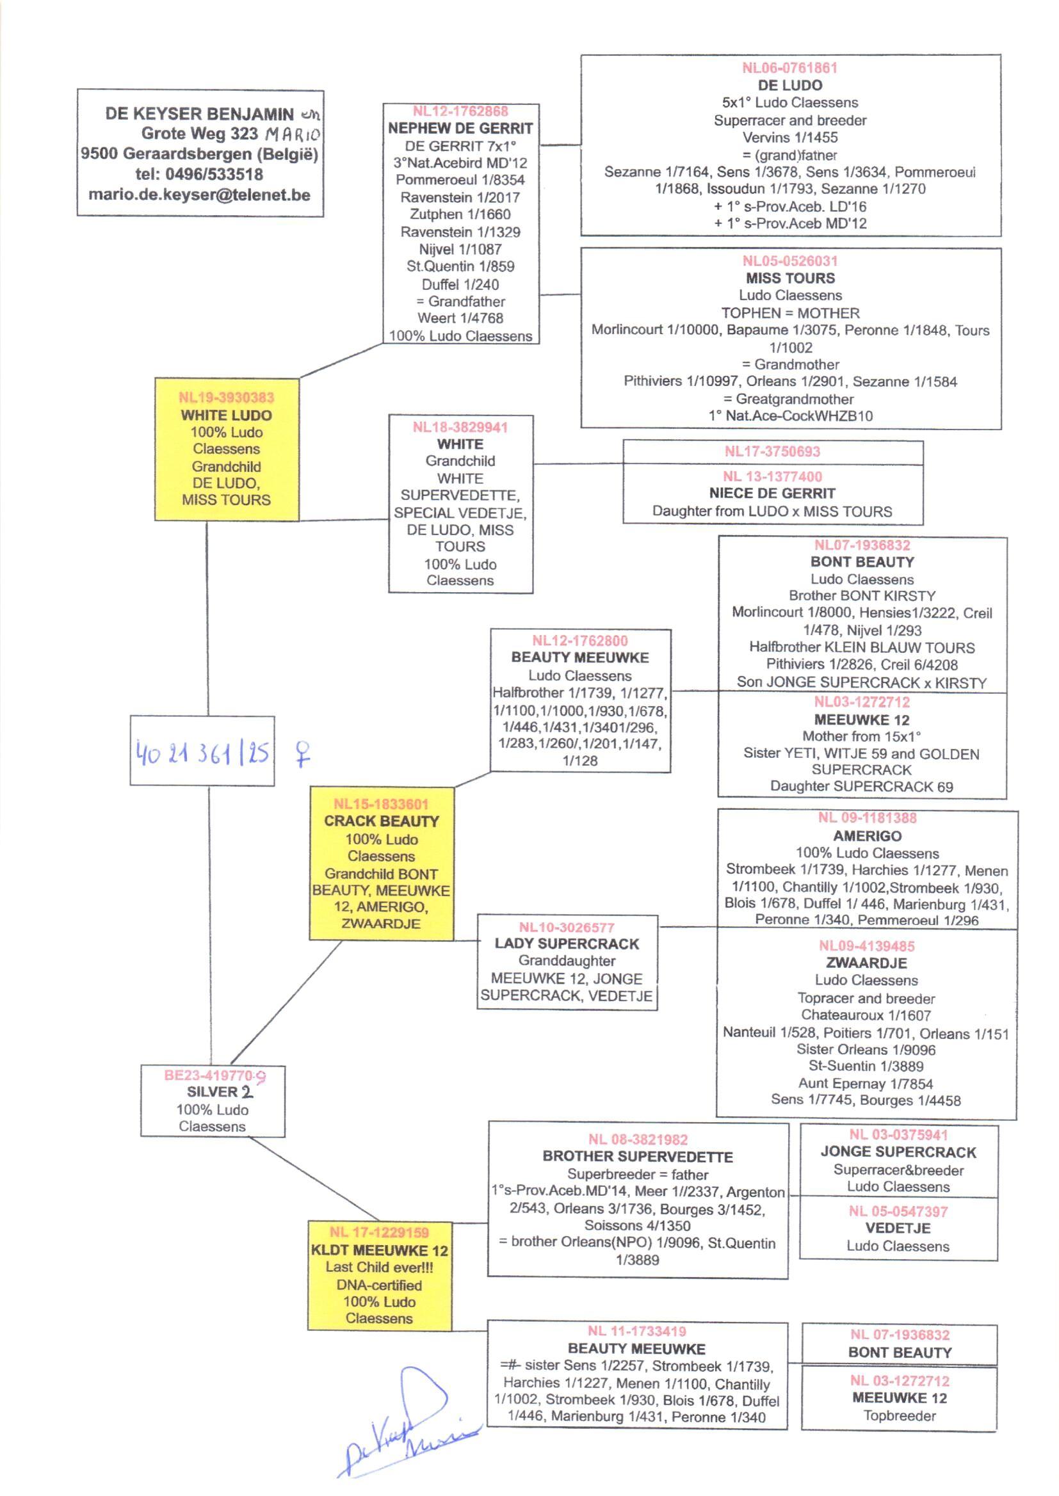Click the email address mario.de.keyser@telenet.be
[x=200, y=195]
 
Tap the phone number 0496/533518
[x=214, y=175]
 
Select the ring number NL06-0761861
[x=789, y=68]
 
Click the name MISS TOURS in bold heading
[x=789, y=278]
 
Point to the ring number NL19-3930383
[x=226, y=398]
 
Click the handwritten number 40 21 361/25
[x=202, y=753]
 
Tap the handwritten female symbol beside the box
[x=303, y=753]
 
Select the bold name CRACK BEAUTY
[x=382, y=821]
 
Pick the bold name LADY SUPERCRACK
[x=567, y=944]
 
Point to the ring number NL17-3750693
[x=772, y=452]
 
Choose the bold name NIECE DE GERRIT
[x=772, y=494]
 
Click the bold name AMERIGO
[x=867, y=835]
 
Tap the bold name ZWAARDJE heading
[x=866, y=963]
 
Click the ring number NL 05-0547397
[x=898, y=1211]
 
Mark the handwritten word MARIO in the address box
[x=293, y=135]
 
